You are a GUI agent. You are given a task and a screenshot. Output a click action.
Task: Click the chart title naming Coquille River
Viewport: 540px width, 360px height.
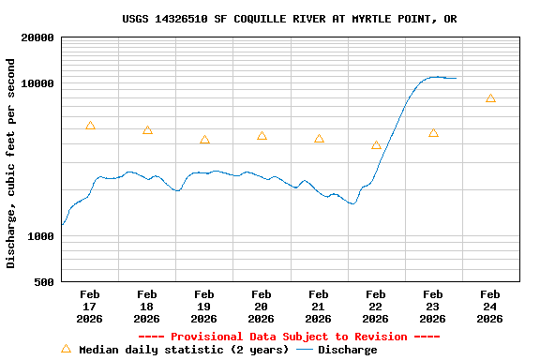(290, 19)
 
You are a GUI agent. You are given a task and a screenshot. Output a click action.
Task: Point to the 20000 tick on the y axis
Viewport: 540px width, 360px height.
(38, 38)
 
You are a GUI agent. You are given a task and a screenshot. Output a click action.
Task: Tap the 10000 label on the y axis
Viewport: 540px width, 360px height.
(38, 84)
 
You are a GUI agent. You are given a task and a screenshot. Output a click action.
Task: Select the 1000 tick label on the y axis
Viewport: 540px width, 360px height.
(42, 237)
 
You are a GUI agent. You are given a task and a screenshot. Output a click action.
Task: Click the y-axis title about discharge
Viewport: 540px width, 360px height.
(11, 163)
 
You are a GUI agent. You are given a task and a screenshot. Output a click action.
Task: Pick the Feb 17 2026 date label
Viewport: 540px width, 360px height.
(90, 307)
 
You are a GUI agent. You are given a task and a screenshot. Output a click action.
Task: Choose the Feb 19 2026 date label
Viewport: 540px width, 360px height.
(203, 307)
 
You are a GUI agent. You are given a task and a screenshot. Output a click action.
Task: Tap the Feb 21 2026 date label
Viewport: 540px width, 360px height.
(319, 307)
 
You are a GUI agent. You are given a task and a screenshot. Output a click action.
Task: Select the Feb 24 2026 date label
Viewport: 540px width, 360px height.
(489, 307)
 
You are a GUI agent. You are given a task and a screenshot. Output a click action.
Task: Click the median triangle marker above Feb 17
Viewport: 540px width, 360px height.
(90, 126)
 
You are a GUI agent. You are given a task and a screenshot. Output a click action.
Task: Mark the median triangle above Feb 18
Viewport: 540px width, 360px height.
(147, 130)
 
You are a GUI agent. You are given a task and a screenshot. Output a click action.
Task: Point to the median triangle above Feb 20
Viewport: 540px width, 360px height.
(262, 136)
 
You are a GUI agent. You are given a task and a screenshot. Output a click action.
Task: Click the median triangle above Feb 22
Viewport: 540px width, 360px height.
(376, 145)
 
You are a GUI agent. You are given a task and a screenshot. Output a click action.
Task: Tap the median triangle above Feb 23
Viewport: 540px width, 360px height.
(433, 133)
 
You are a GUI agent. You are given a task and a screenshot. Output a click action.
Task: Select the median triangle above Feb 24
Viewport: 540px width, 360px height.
(490, 98)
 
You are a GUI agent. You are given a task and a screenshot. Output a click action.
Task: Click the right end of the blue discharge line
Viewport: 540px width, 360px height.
(456, 78)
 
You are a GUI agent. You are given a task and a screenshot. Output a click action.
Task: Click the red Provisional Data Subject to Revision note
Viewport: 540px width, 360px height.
(289, 337)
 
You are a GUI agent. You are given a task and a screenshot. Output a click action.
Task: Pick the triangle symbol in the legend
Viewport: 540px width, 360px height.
(66, 349)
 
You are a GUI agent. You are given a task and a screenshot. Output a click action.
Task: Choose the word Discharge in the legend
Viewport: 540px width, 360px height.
(347, 350)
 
